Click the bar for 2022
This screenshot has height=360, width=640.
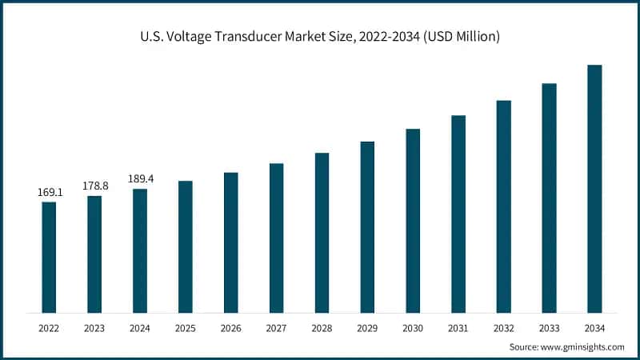[x=49, y=257]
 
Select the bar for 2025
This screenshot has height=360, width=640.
[x=185, y=246]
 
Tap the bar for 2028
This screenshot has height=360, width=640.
[x=322, y=232]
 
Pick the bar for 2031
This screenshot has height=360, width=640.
[x=458, y=214]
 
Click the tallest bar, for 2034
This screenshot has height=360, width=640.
[x=594, y=188]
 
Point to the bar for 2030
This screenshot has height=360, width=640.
[x=413, y=220]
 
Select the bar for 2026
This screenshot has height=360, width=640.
[x=230, y=242]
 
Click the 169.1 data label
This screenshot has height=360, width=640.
[x=49, y=193]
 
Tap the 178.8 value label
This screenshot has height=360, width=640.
[x=94, y=186]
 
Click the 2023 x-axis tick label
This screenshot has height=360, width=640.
[x=94, y=328]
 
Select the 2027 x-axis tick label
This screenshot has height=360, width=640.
[x=276, y=328]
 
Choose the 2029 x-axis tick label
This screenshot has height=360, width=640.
[x=367, y=328]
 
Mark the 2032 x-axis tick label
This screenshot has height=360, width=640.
[x=503, y=328]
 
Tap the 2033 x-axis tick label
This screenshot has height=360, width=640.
[x=549, y=328]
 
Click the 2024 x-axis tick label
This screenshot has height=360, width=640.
[x=140, y=328]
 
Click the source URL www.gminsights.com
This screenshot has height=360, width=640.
[x=584, y=347]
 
